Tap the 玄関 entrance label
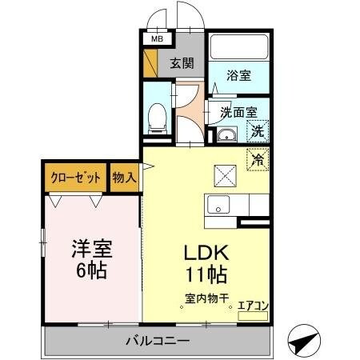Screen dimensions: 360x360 coord(182,64)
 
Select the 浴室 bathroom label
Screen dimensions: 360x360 coord(238,76)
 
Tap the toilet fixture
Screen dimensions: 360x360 coord(158,118)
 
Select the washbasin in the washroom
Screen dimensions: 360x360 coord(228,134)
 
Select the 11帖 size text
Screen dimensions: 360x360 coord(206,277)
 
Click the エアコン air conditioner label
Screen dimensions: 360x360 coord(252,305)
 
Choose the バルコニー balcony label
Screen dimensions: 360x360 coord(157,341)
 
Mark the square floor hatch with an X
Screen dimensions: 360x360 coord(223,170)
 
